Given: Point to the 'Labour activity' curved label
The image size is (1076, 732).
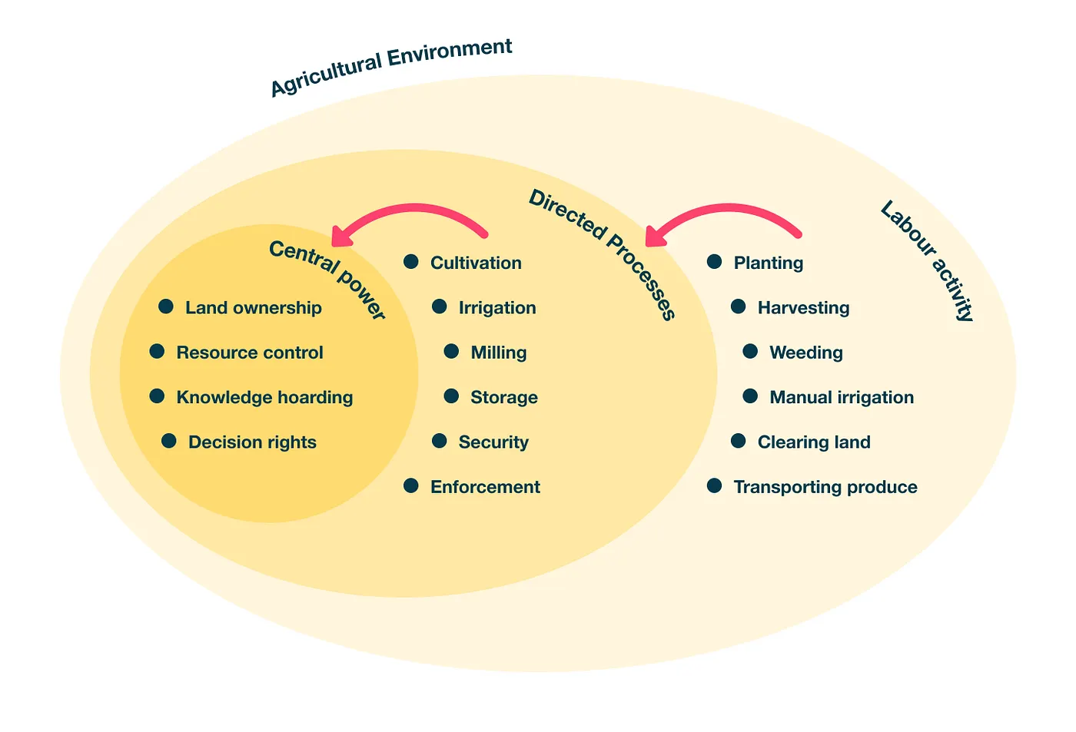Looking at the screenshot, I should tap(928, 260).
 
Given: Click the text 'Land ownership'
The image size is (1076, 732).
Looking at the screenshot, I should tap(254, 308).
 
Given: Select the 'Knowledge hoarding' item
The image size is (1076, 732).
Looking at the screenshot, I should tap(264, 397).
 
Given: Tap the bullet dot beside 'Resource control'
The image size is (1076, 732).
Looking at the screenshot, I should tap(158, 352).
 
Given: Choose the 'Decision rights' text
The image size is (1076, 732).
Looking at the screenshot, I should tap(252, 442).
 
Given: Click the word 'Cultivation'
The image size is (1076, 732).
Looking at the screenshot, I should tap(476, 263).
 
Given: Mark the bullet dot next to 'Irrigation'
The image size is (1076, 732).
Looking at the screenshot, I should tap(440, 307).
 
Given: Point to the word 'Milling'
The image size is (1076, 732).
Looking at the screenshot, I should tap(499, 353).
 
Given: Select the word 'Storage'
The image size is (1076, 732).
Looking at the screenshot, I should tap(504, 397).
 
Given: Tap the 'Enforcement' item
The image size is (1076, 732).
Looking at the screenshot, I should tap(485, 487).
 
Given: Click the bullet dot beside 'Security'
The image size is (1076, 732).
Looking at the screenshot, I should tap(440, 441).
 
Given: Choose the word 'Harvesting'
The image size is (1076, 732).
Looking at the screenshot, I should tap(803, 308).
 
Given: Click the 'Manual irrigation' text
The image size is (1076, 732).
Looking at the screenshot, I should tap(842, 397).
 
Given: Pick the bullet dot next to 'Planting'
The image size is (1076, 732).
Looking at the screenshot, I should tap(715, 262).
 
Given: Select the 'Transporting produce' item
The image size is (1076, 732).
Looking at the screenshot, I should tap(825, 487).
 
